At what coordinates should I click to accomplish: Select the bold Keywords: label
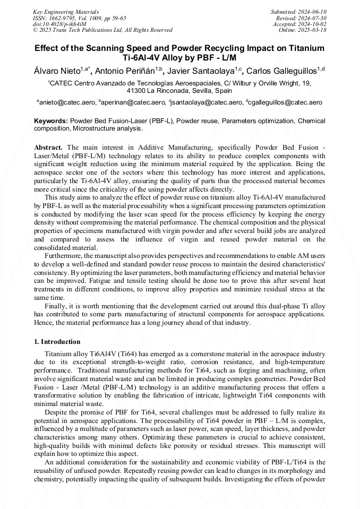(x=51, y=121)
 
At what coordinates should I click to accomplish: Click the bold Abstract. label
(x=48, y=146)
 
